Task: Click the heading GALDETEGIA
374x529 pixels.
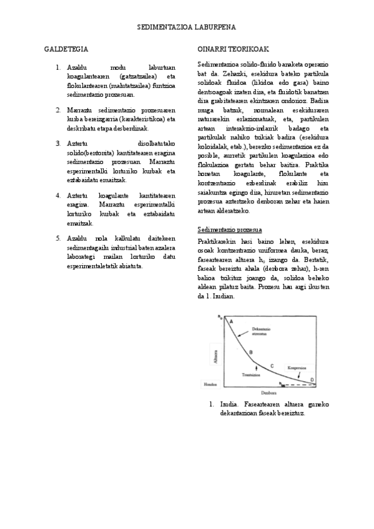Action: coord(66,48)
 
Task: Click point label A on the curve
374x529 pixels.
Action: coord(231,321)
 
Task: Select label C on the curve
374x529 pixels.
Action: coord(272,366)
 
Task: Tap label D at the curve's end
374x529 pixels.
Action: coord(312,380)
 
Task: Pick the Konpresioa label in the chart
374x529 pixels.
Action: coord(296,368)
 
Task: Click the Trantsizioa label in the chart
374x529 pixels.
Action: coord(251,374)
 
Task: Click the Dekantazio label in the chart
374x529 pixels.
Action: coord(260,329)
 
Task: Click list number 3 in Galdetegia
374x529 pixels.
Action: coord(57,143)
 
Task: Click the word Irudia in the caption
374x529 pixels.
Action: coord(229,404)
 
